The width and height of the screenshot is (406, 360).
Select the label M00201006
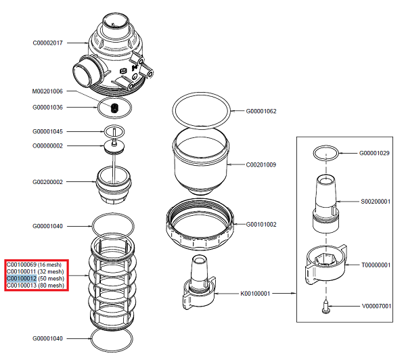[47, 91]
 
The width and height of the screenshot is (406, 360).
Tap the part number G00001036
[47, 107]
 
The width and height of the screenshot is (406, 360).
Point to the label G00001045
[47, 131]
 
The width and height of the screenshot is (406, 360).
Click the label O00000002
[47, 145]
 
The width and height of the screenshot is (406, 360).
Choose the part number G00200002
[47, 181]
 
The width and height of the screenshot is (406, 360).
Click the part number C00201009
[261, 164]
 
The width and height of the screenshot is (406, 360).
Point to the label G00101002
[261, 224]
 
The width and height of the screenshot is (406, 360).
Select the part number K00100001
[256, 294]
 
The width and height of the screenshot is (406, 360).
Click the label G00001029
[374, 154]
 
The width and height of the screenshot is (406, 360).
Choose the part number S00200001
[374, 202]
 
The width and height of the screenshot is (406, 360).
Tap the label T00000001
[374, 265]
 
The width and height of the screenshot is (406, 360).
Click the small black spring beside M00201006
[114, 108]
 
